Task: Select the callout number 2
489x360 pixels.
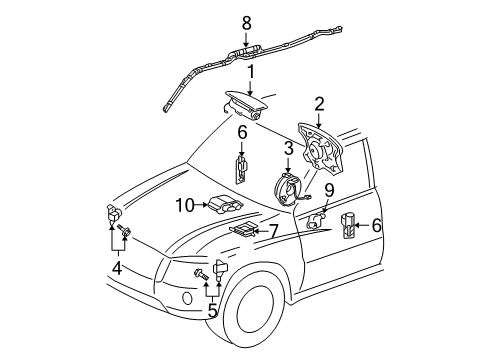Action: [x=318, y=102]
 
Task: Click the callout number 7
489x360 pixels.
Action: [x=272, y=233]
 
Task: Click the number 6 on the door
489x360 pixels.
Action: [x=376, y=226]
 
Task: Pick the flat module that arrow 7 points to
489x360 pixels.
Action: [x=242, y=233]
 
